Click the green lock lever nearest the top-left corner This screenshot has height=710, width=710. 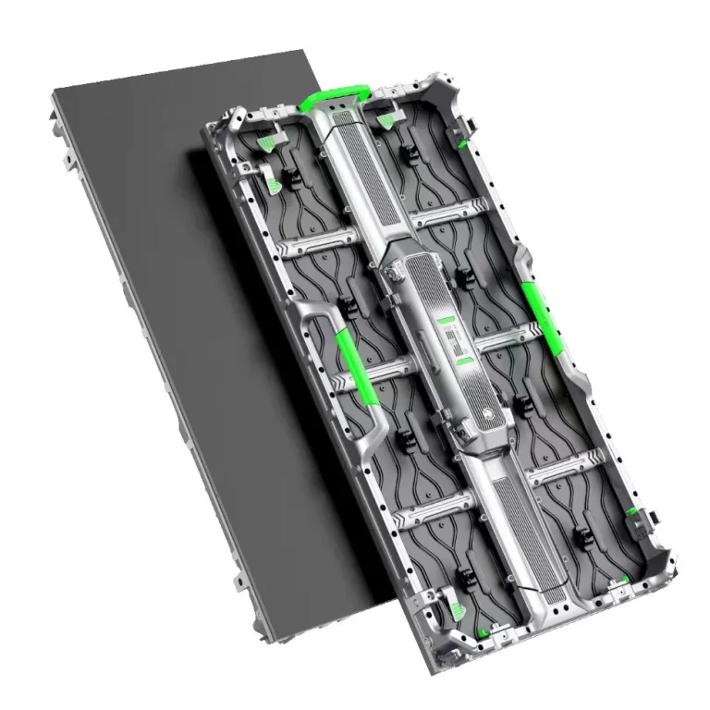[267, 144]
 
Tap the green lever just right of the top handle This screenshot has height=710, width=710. [385, 117]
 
